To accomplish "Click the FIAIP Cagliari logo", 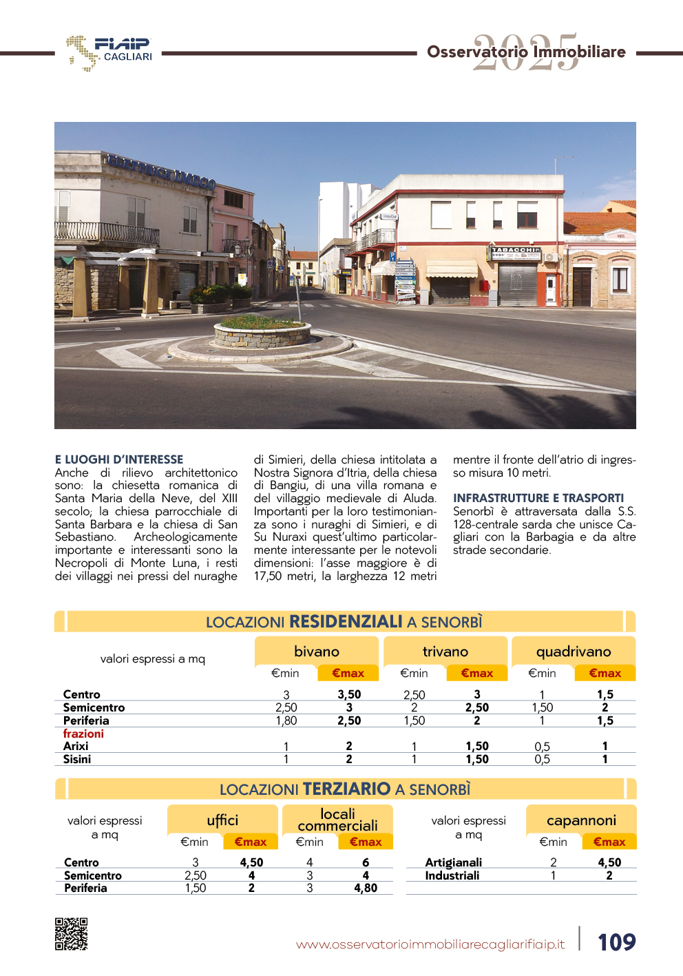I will coord(109,52).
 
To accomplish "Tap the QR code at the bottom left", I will coord(71,934).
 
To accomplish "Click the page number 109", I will coord(616,942).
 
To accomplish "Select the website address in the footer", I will coord(430,944).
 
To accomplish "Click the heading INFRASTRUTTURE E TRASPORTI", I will coord(538,498).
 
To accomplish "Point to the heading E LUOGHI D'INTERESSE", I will coord(119,459).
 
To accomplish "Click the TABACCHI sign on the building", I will coord(516,250).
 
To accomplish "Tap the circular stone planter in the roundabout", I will coord(263,332).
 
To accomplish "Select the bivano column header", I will coord(317,652).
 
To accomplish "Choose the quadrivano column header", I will coord(574,652).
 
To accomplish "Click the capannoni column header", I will coord(581,820).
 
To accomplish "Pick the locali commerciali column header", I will coord(337,820).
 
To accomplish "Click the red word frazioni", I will coord(83,734).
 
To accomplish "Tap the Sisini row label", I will coord(77,759).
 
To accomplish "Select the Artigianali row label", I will coord(454,862).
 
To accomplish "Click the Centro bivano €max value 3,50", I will coord(349,694).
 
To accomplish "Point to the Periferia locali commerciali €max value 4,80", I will coord(366,889).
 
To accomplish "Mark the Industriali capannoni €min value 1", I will coord(553,875).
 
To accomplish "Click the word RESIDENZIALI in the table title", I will coord(346,622).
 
